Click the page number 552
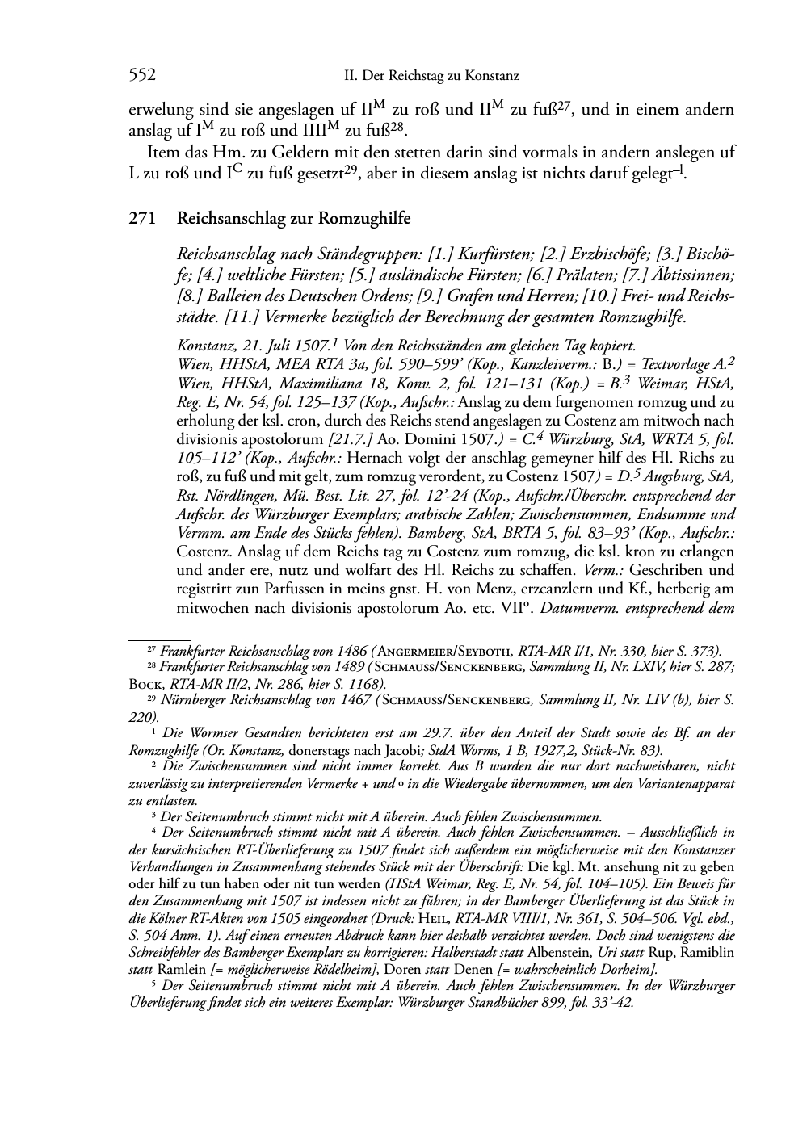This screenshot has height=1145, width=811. click(x=142, y=76)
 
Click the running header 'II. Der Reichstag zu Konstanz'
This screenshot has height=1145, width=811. click(x=431, y=77)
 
